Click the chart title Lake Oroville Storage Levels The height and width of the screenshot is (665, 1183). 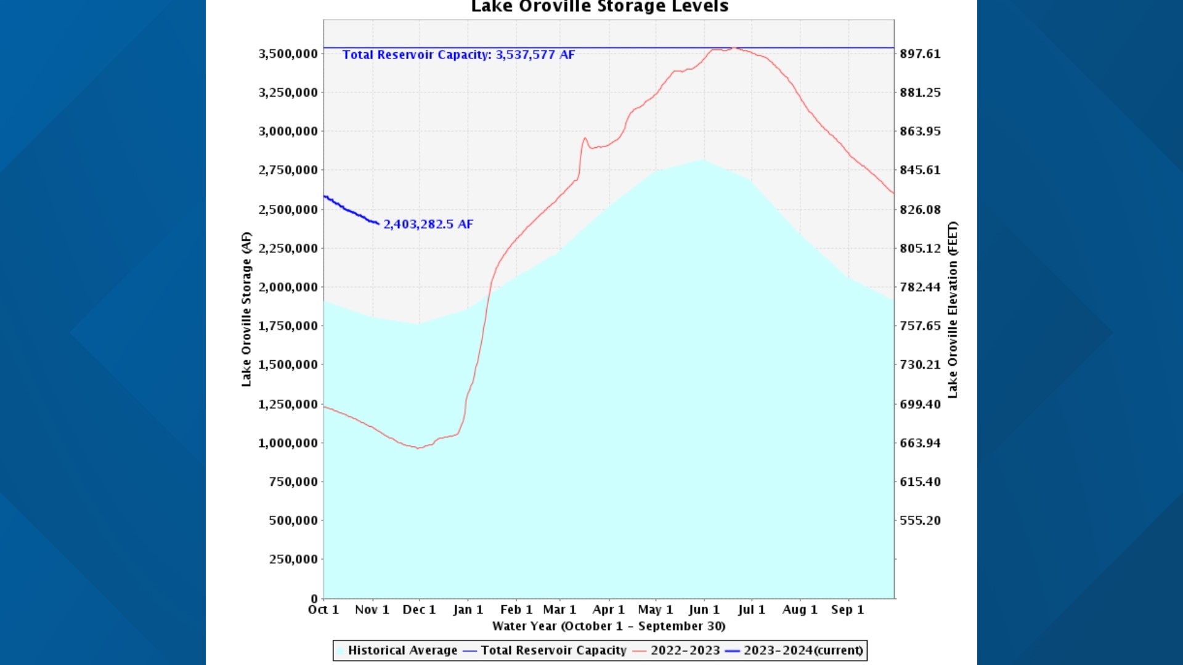click(x=600, y=7)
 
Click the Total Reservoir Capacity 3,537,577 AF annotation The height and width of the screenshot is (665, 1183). click(x=458, y=55)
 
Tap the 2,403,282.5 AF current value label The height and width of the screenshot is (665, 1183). click(x=428, y=224)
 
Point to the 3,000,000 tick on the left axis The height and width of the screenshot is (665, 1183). click(x=288, y=131)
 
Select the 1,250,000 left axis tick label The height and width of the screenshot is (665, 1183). click(x=288, y=405)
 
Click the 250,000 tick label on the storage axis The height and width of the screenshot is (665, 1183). click(x=293, y=559)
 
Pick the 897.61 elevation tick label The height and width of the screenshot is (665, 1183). click(x=920, y=54)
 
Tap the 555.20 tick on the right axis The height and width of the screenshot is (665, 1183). click(x=920, y=520)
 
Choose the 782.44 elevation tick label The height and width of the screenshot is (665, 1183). click(x=920, y=287)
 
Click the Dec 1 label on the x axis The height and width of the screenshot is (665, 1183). click(x=419, y=610)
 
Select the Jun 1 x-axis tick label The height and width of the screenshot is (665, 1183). click(x=704, y=610)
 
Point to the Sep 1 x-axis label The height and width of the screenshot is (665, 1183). click(x=847, y=610)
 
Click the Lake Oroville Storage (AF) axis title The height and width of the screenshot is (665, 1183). click(x=246, y=309)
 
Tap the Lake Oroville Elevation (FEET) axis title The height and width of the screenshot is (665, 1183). click(x=953, y=309)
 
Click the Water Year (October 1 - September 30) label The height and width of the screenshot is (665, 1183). click(x=609, y=626)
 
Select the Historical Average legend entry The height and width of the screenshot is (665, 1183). click(x=402, y=650)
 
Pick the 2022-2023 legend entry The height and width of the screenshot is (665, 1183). click(x=685, y=650)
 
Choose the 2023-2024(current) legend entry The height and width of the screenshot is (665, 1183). click(x=803, y=650)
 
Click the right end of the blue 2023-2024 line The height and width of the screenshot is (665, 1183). click(x=378, y=223)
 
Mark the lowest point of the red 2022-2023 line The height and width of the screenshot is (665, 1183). click(x=418, y=448)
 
